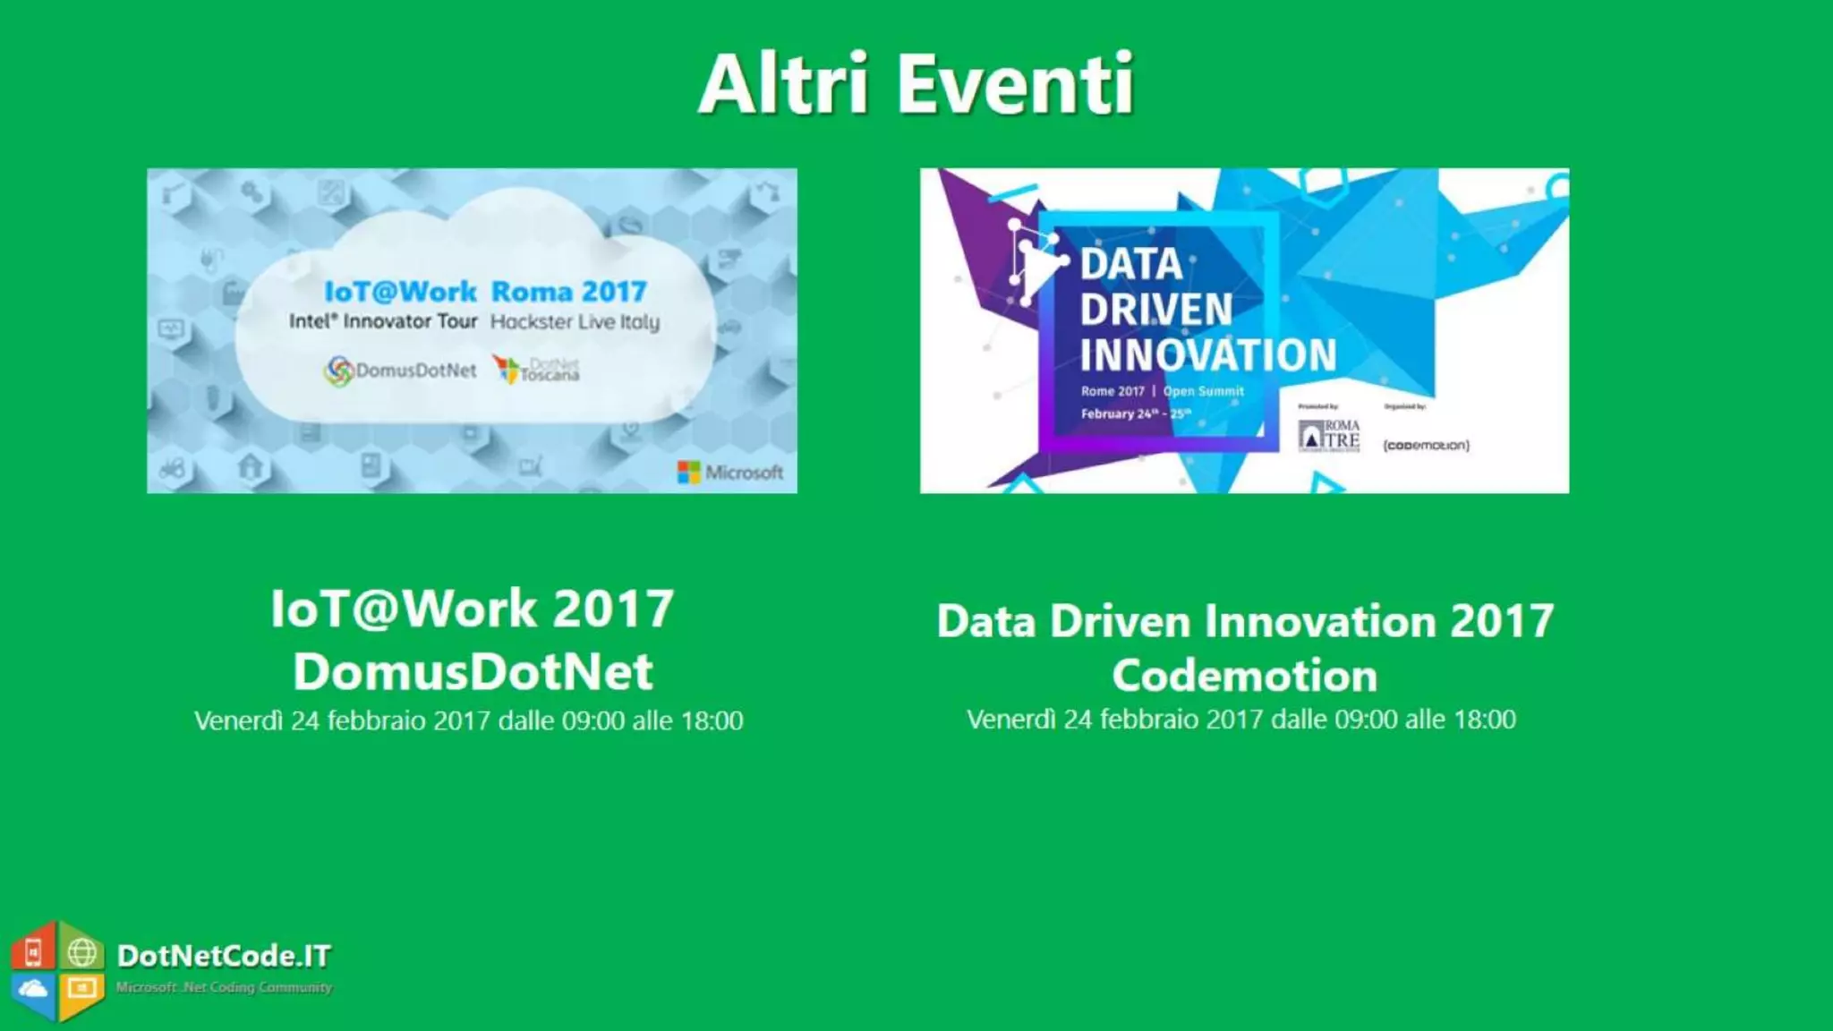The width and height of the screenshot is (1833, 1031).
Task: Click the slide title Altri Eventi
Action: click(x=916, y=84)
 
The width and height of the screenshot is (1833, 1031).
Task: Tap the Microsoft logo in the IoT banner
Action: click(x=730, y=472)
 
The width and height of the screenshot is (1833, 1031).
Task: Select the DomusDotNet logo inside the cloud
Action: click(x=401, y=371)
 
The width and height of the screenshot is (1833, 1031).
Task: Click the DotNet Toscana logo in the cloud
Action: click(x=537, y=369)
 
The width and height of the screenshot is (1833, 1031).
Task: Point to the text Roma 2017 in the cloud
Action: click(x=569, y=292)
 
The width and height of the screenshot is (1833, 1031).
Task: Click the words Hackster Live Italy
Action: click(x=575, y=322)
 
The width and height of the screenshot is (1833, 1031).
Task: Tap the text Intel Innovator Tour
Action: click(x=383, y=321)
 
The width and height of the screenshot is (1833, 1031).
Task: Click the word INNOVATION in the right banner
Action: click(x=1207, y=354)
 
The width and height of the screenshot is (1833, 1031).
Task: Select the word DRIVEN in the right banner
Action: click(x=1155, y=310)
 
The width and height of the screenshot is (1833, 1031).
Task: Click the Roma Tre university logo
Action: click(x=1329, y=435)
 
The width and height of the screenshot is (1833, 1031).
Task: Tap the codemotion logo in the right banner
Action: click(x=1426, y=445)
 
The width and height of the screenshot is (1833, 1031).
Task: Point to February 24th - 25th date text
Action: click(x=1135, y=413)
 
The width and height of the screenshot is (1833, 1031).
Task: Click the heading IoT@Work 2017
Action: click(x=473, y=609)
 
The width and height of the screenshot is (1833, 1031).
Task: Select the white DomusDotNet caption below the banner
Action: click(x=473, y=671)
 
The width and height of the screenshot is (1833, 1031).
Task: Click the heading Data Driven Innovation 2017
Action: click(x=1245, y=621)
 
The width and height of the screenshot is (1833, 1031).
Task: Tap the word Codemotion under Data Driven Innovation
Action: click(x=1245, y=676)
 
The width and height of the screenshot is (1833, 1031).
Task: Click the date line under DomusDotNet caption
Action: click(x=469, y=720)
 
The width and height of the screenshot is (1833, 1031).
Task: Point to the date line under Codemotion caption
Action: click(x=1241, y=720)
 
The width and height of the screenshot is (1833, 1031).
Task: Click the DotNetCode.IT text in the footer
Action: click(x=224, y=956)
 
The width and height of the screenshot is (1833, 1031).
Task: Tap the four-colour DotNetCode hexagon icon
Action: click(x=57, y=970)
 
